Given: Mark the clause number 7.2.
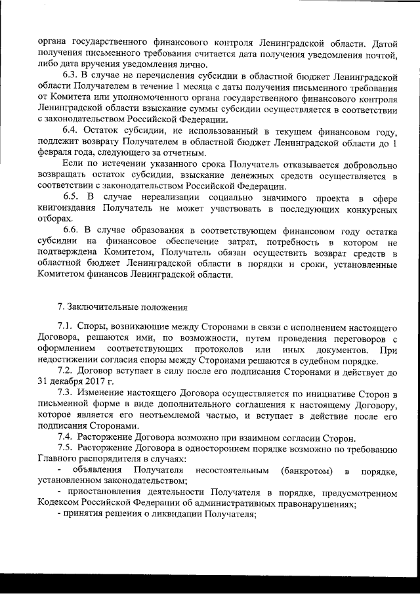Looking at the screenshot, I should click(66, 372).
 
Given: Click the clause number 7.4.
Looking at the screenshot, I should click(66, 438).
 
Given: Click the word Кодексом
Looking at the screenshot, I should click(60, 504).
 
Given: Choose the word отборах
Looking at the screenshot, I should click(54, 219).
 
